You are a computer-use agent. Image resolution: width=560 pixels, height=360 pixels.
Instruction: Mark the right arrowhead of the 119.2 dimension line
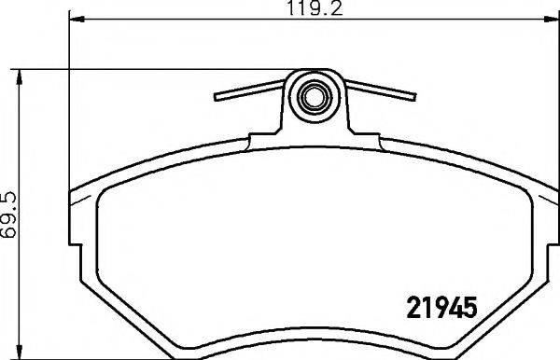pyautogui.click(x=548, y=21)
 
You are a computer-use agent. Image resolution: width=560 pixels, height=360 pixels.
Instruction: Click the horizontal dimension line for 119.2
pyautogui.click(x=187, y=21)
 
